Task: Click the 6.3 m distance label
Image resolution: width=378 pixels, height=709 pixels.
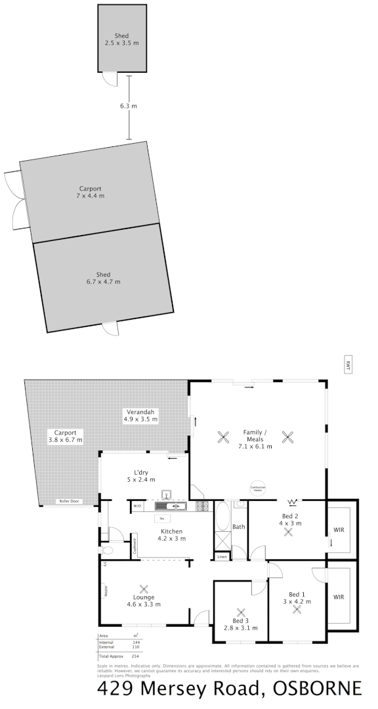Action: [x=129, y=106]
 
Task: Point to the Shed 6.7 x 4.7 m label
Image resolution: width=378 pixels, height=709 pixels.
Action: [x=103, y=278]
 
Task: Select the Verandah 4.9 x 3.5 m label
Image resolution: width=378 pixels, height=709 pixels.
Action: [x=140, y=415]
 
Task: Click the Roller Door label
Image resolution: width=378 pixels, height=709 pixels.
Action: [x=69, y=501]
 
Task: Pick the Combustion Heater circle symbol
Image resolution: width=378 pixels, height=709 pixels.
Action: [x=257, y=488]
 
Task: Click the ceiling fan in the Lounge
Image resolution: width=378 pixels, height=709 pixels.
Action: [x=144, y=588]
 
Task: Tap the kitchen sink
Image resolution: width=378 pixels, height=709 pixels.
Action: [x=171, y=506]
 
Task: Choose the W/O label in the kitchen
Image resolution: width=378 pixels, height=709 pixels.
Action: [x=138, y=507]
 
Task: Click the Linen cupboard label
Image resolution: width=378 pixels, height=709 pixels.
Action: [x=222, y=557]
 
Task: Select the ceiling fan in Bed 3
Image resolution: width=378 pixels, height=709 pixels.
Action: [x=240, y=611]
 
